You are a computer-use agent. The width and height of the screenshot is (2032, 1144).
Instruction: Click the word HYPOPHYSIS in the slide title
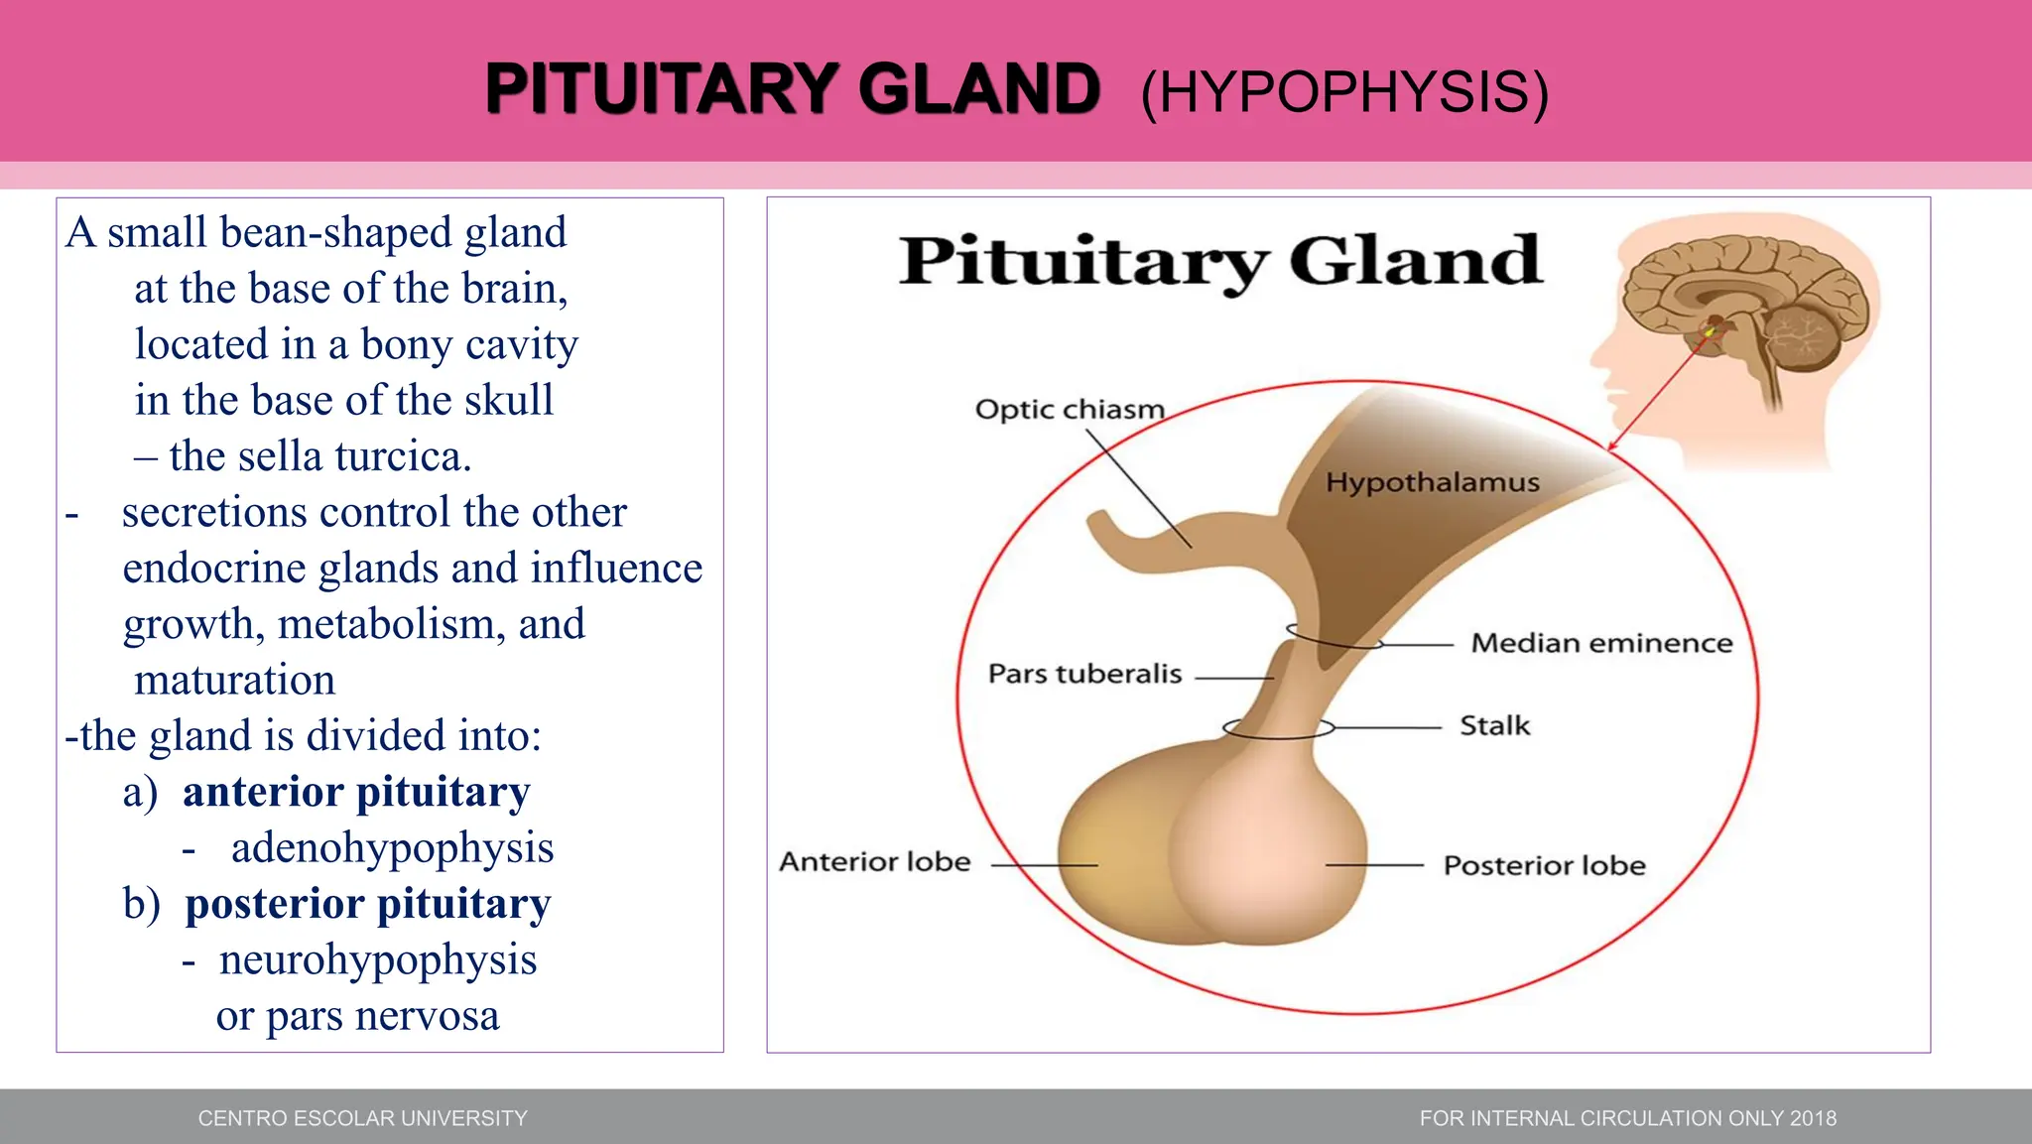pos(1344,93)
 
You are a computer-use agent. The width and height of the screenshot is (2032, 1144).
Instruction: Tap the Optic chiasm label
pos(1069,410)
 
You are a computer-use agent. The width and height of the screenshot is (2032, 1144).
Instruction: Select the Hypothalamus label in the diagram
pos(1432,483)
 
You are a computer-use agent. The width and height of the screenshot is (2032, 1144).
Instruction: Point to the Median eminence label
pos(1600,643)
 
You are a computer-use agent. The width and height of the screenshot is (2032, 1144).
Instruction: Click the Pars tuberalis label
pos(1084,674)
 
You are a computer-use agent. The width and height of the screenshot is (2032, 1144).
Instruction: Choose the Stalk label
pos(1494,725)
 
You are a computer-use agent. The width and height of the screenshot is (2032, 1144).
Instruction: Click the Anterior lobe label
pos(874,861)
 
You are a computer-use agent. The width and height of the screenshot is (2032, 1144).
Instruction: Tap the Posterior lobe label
pos(1544,865)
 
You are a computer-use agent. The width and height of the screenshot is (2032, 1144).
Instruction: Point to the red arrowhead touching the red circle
pos(1612,445)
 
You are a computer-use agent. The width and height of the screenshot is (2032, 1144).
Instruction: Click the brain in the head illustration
pos(1746,298)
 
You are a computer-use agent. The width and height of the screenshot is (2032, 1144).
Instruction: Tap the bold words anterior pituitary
pos(356,792)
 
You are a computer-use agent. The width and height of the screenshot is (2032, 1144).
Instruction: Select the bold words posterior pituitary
pos(368,904)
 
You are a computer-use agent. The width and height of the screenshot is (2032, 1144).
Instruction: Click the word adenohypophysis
pos(392,848)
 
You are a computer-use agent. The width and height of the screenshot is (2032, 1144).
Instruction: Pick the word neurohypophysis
pos(378,959)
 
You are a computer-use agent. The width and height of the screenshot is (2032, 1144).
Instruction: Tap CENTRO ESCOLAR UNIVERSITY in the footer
pos(362,1118)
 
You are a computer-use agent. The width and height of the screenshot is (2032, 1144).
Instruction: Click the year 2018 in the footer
pos(1813,1118)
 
